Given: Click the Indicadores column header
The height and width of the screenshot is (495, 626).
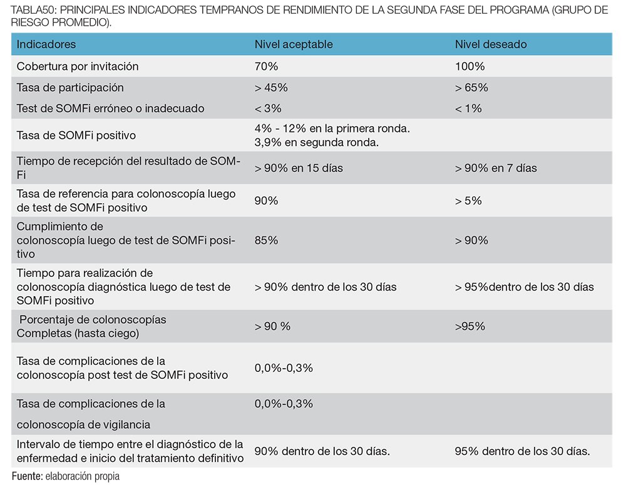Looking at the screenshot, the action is click(x=46, y=44).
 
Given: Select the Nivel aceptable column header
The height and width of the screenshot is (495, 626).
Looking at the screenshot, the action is click(x=294, y=44).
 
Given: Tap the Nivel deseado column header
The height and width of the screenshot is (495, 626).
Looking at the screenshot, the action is click(x=491, y=44).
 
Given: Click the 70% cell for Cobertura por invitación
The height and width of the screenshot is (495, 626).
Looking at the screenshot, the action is click(x=266, y=66).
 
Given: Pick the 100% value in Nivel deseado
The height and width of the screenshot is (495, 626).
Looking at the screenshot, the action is click(x=470, y=66).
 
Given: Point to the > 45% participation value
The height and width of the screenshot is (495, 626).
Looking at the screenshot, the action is click(x=271, y=87).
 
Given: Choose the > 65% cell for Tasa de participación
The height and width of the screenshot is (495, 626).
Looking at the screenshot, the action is click(x=471, y=87).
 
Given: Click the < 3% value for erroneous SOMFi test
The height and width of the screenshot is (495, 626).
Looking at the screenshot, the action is click(x=268, y=108).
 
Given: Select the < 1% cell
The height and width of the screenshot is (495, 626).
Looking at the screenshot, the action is click(x=468, y=108).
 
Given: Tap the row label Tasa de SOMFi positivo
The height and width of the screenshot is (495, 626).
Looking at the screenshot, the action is click(x=76, y=136).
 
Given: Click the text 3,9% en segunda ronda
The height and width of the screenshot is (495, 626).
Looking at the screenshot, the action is click(x=317, y=142).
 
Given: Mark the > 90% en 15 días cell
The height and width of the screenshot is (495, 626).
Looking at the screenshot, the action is click(x=299, y=168).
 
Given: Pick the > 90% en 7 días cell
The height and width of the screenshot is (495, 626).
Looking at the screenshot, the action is click(x=496, y=168).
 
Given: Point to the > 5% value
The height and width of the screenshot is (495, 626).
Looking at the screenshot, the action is click(x=468, y=201).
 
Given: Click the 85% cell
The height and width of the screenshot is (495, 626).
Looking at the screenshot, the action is click(x=266, y=241).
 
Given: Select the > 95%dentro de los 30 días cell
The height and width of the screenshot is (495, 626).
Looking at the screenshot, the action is click(x=525, y=287).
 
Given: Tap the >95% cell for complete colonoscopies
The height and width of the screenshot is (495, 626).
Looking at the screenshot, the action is click(x=470, y=326).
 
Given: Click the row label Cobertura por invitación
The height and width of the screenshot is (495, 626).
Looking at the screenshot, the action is click(x=78, y=66).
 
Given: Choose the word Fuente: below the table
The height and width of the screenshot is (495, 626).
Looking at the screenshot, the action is click(x=27, y=476).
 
